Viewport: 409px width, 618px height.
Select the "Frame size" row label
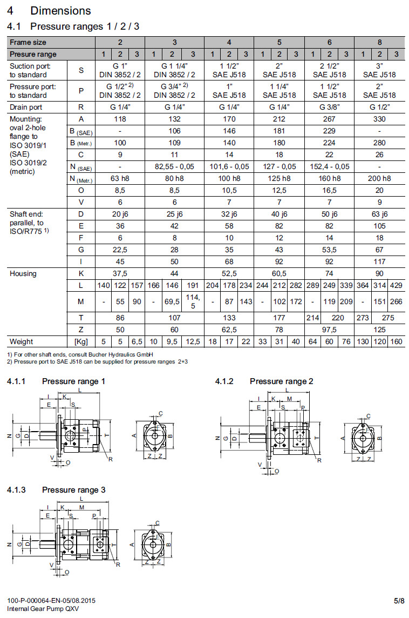[x=28, y=42]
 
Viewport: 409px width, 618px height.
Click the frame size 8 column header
[x=379, y=42]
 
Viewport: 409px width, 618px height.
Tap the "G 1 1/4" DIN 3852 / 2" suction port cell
[x=175, y=70]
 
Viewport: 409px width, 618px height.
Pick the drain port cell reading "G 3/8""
[x=329, y=107]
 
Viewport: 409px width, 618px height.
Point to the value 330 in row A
[x=379, y=119]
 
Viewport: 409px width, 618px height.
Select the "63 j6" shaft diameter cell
[x=379, y=214]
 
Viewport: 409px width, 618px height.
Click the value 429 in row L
[x=396, y=285]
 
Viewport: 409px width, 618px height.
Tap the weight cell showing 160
[x=396, y=341]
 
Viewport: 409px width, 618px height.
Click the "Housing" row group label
[x=23, y=273]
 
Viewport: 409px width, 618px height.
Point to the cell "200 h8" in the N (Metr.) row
[x=379, y=178]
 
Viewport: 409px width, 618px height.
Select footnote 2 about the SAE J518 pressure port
[x=97, y=361]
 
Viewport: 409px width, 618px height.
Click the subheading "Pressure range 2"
[x=281, y=381]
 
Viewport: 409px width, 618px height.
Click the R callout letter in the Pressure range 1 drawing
[x=110, y=459]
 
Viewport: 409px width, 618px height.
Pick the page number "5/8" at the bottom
[x=399, y=600]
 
